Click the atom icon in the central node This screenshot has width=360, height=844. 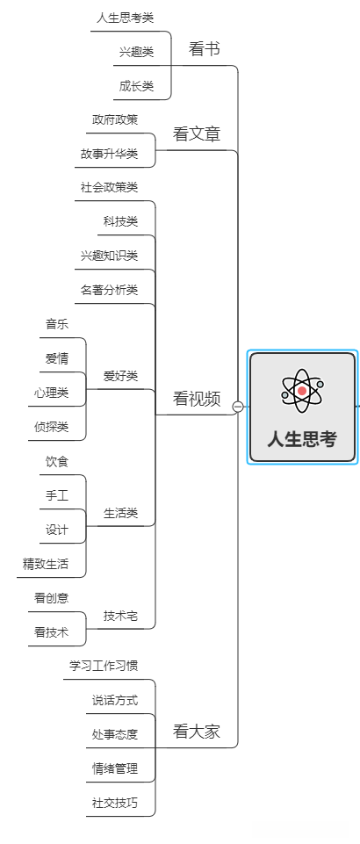pyautogui.click(x=302, y=391)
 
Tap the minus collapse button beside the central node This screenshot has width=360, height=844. pyautogui.click(x=238, y=407)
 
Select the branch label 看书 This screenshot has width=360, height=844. pyautogui.click(x=204, y=50)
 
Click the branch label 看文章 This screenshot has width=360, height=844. pyautogui.click(x=197, y=134)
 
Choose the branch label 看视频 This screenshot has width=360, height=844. pyautogui.click(x=197, y=399)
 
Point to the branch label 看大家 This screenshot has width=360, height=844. pyautogui.click(x=197, y=731)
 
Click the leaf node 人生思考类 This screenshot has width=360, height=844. pyautogui.click(x=126, y=18)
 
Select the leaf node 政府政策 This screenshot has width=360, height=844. pyautogui.click(x=114, y=119)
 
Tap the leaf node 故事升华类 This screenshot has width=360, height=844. pyautogui.click(x=109, y=154)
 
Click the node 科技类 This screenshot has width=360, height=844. pyautogui.click(x=120, y=221)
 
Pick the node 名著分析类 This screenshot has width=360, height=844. pyautogui.click(x=109, y=290)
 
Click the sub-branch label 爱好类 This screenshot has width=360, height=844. pyautogui.click(x=120, y=376)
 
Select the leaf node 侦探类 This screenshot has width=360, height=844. pyautogui.click(x=51, y=427)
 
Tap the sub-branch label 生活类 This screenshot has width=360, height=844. pyautogui.click(x=120, y=512)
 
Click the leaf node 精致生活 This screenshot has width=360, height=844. pyautogui.click(x=46, y=564)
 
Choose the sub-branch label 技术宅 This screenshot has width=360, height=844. pyautogui.click(x=120, y=616)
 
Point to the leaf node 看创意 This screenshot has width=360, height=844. pyautogui.click(x=51, y=598)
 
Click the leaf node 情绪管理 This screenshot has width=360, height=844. pyautogui.click(x=114, y=768)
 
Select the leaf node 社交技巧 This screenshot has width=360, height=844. pyautogui.click(x=114, y=803)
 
